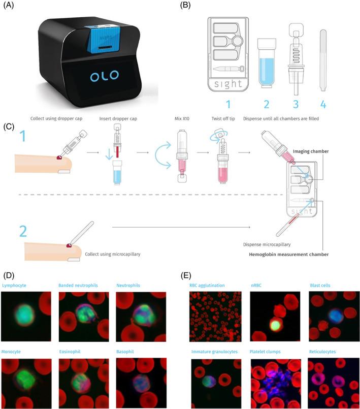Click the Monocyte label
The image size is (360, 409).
[13, 351]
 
